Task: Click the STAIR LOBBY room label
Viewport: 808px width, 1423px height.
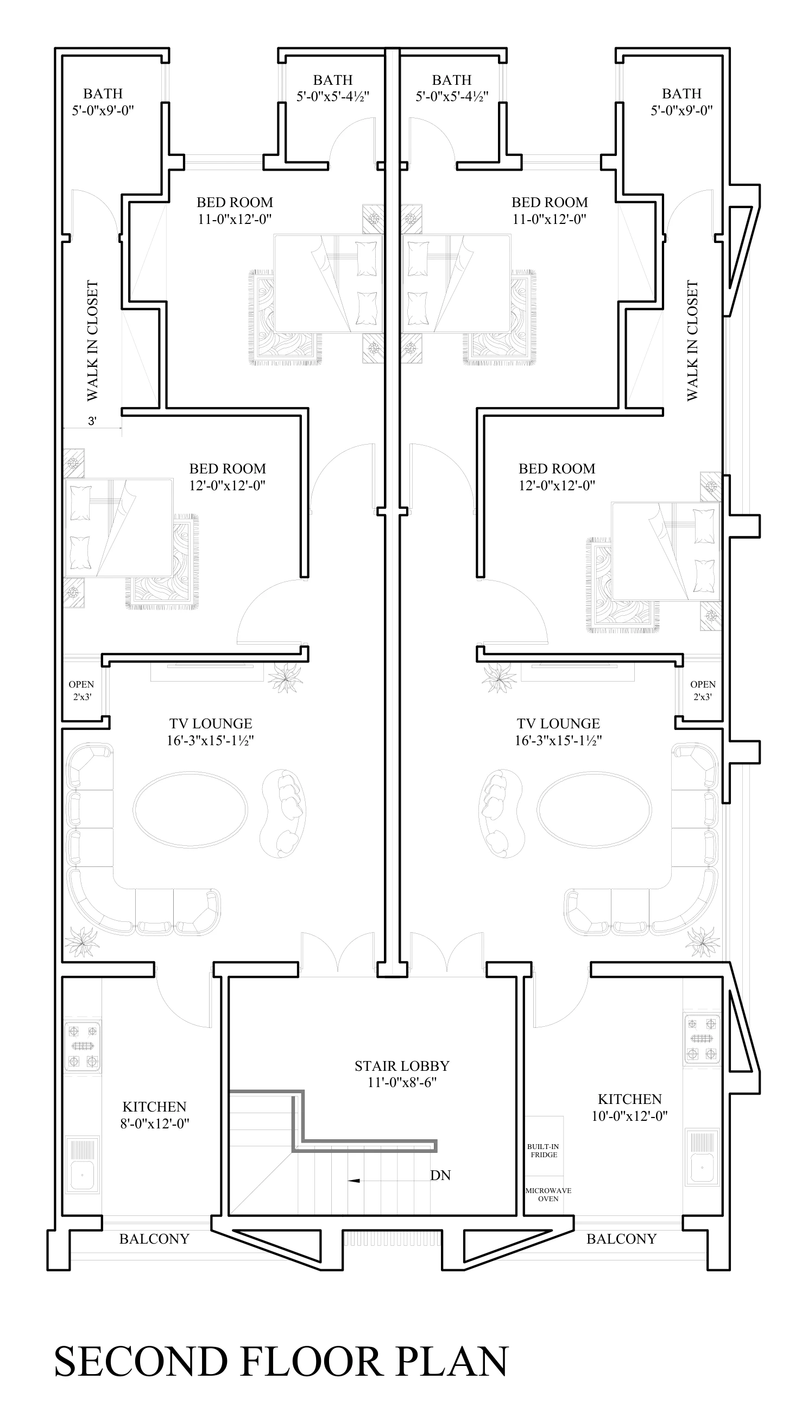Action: pyautogui.click(x=402, y=1066)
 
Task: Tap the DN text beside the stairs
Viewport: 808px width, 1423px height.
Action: pyautogui.click(x=440, y=1175)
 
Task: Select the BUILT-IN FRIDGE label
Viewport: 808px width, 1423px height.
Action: pyautogui.click(x=544, y=1150)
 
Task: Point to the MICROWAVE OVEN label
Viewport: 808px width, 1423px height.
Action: pyautogui.click(x=548, y=1195)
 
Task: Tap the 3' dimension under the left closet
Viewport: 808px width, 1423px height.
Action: pyautogui.click(x=92, y=421)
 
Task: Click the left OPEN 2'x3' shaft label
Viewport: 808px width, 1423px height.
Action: pyautogui.click(x=81, y=690)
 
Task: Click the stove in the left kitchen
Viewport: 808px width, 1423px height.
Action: pyautogui.click(x=83, y=1046)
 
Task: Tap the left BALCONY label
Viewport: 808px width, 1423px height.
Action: pyautogui.click(x=154, y=1239)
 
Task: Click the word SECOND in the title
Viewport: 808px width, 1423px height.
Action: pyautogui.click(x=141, y=1361)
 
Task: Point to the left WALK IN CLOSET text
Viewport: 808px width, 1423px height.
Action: pyautogui.click(x=92, y=340)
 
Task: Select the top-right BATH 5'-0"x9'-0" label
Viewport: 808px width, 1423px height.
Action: pyautogui.click(x=681, y=102)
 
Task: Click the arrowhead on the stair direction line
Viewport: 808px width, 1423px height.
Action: pyautogui.click(x=354, y=1180)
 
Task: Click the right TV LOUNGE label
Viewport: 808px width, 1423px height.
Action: pyautogui.click(x=558, y=723)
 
